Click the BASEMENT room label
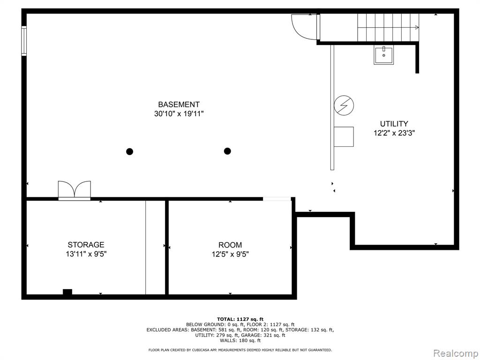point(179,105)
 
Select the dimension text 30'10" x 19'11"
point(179,114)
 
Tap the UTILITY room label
point(394,124)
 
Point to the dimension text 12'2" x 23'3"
point(394,133)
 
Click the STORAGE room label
point(86,245)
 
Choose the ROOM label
point(230,245)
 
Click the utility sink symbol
point(383,55)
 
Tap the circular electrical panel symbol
point(344,105)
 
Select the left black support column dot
point(129,151)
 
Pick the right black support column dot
point(227,151)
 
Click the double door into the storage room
point(75,190)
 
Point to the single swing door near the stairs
point(305,27)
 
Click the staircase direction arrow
point(388,28)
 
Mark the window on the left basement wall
point(24,41)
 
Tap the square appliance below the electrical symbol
point(344,136)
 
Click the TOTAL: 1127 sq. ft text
point(240,319)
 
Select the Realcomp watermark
point(455,353)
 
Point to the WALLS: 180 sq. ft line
point(240,340)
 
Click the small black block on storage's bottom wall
point(67,292)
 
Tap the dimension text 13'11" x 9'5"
point(86,254)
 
